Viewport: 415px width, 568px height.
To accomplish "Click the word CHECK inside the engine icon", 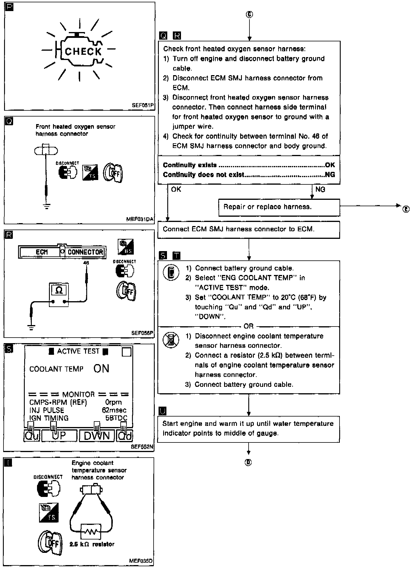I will (x=83, y=52).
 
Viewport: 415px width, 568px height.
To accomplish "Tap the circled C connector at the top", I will (x=249, y=15).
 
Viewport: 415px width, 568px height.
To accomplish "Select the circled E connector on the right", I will (x=406, y=209).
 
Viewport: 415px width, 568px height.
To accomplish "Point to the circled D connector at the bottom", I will (x=248, y=462).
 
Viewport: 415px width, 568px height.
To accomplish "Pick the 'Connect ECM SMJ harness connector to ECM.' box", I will (x=249, y=230).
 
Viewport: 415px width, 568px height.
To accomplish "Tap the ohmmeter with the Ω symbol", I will (x=59, y=294).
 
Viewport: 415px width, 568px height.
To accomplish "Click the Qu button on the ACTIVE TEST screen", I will (x=32, y=436).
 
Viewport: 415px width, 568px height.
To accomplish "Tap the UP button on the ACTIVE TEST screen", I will (x=59, y=436).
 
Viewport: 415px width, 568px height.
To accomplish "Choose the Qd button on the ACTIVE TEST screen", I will (x=125, y=436).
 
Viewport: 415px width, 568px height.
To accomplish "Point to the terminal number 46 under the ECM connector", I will (x=86, y=263).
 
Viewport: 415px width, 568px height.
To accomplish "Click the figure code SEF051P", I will (x=143, y=105).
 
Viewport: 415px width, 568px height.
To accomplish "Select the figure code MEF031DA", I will (x=140, y=219).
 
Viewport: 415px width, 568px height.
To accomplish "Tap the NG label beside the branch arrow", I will (x=320, y=190).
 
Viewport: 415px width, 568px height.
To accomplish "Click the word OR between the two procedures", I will (x=249, y=326).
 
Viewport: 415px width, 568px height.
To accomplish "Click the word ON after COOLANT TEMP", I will (x=101, y=369).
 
